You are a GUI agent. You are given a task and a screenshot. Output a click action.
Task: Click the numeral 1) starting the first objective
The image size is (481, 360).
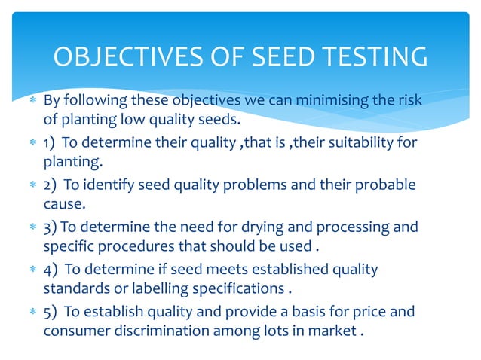point(50,144)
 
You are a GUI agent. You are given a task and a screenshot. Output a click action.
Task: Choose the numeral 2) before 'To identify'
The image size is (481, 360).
point(51,186)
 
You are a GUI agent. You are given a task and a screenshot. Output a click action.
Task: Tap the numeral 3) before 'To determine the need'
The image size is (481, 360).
point(50,228)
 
